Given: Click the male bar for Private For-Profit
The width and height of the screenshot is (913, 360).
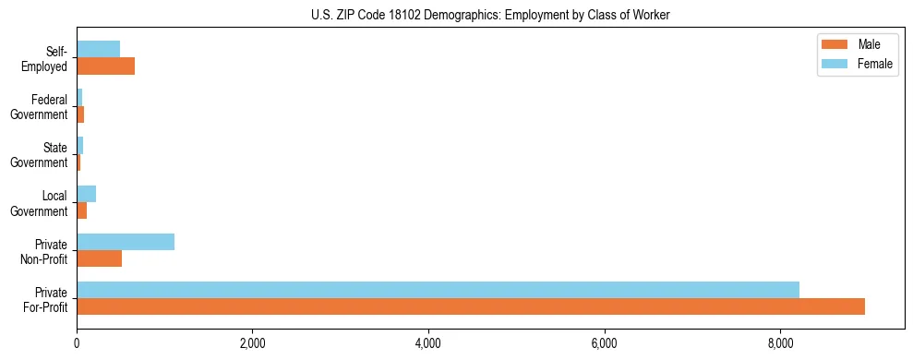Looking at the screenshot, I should (x=471, y=306).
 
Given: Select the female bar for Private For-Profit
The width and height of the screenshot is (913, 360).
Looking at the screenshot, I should (x=438, y=290).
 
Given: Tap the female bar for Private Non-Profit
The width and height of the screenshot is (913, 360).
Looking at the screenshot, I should (x=126, y=242).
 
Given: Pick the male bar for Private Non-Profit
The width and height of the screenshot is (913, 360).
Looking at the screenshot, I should (x=99, y=258).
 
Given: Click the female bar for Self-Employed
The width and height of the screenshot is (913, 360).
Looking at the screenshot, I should (x=98, y=49).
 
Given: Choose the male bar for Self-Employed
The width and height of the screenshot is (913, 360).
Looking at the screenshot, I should (x=105, y=66).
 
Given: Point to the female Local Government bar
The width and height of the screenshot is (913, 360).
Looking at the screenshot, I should (x=86, y=194).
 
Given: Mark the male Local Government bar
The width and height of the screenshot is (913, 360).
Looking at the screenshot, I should (x=81, y=210).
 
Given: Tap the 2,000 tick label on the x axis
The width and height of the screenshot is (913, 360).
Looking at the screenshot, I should (x=252, y=343).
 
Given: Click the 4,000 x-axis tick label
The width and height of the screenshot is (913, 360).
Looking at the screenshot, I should (x=428, y=343).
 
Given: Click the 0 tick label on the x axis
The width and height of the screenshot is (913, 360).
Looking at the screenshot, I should (x=77, y=343).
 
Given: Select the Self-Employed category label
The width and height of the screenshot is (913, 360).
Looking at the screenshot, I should (x=47, y=58).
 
